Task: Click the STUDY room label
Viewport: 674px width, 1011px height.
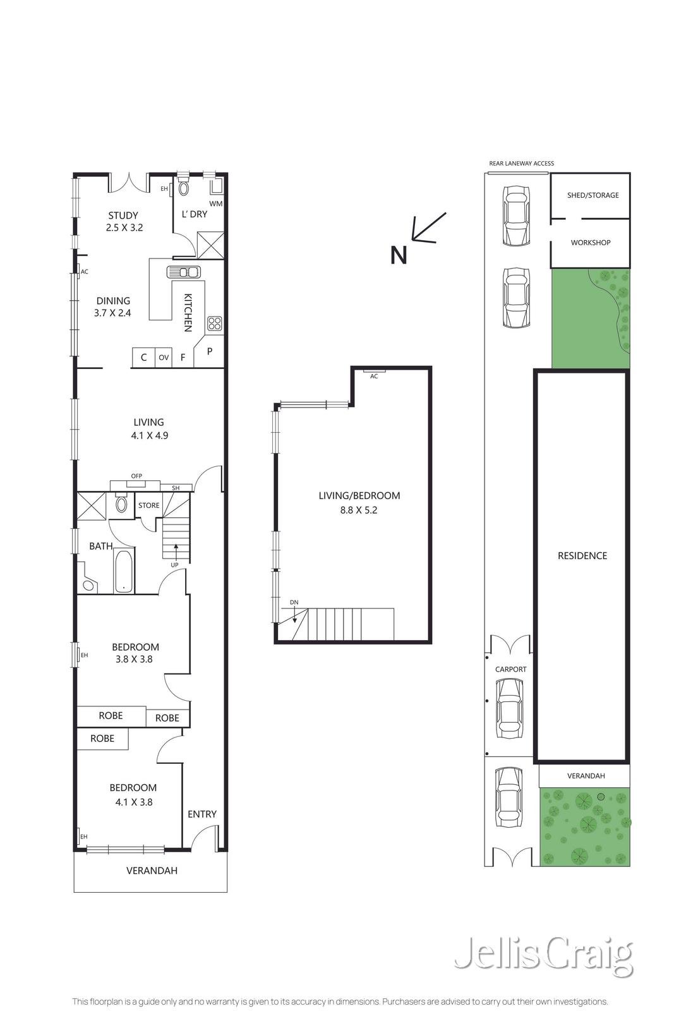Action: [x=123, y=215]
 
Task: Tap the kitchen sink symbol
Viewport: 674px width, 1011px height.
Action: [x=183, y=272]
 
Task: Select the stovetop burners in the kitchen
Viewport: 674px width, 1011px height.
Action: [x=214, y=324]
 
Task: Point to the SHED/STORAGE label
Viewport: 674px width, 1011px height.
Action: [x=593, y=195]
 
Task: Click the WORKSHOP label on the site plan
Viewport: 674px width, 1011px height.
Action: [x=590, y=243]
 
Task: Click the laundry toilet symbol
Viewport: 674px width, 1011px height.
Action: [x=184, y=188]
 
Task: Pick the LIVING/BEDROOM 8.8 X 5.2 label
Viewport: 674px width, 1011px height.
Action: [x=359, y=502]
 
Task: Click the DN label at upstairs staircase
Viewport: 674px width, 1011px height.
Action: [x=294, y=602]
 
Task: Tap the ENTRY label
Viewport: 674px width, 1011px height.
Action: [x=202, y=814]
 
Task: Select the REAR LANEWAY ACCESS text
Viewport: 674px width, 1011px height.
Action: [x=521, y=164]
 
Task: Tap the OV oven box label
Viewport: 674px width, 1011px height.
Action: [x=164, y=358]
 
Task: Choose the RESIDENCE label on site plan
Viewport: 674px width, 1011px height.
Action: [x=582, y=556]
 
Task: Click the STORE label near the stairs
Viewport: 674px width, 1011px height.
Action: [x=149, y=505]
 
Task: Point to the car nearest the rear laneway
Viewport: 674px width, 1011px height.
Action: [x=515, y=215]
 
